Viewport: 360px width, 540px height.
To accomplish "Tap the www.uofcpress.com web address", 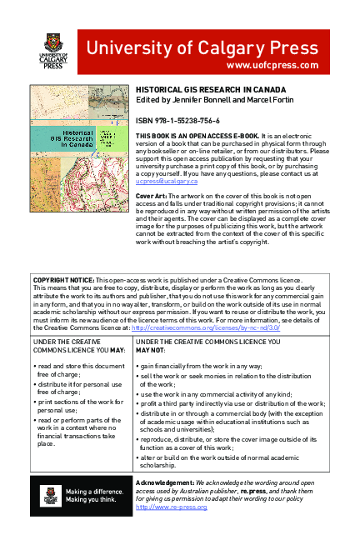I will click(x=272, y=65).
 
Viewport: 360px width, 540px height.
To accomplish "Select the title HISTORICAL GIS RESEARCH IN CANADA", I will click(x=211, y=89).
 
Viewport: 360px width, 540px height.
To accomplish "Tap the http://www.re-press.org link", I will click(x=171, y=507).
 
